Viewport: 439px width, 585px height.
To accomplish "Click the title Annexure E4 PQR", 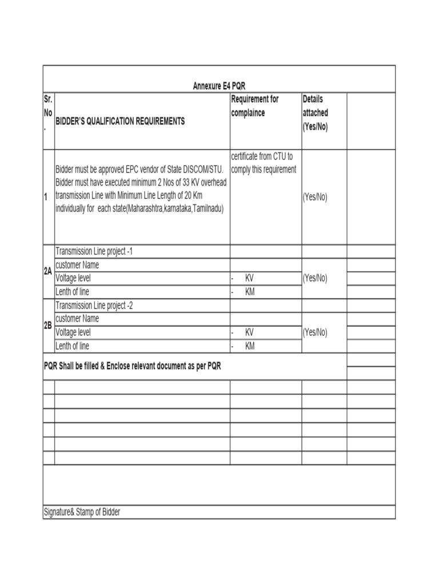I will click(x=219, y=86).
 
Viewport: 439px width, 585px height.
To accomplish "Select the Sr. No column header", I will click(x=48, y=113).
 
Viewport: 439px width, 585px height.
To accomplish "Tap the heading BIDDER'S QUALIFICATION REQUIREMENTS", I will click(x=120, y=122).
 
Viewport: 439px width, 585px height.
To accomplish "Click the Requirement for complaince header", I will click(x=255, y=106).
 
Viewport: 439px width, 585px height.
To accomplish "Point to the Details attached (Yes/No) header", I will click(x=316, y=113).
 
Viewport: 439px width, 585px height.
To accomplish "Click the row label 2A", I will click(x=48, y=272).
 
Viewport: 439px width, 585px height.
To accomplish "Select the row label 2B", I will click(x=48, y=325).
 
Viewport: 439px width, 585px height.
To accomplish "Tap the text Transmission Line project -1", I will click(x=94, y=251).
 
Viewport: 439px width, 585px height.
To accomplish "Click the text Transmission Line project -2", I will click(x=94, y=305).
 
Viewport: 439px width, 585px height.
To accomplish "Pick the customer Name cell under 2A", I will click(x=77, y=265).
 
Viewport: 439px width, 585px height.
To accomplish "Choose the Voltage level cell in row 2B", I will click(x=73, y=332).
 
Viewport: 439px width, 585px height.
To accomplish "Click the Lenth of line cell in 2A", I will click(x=72, y=292).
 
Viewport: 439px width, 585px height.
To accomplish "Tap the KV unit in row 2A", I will click(x=249, y=278).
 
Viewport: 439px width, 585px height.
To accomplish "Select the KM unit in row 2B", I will click(x=250, y=346).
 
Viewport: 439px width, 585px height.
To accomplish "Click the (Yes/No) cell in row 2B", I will click(x=315, y=332).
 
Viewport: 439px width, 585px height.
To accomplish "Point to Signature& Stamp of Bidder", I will click(x=82, y=512).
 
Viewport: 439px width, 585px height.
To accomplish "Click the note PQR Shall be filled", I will click(x=133, y=366).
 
